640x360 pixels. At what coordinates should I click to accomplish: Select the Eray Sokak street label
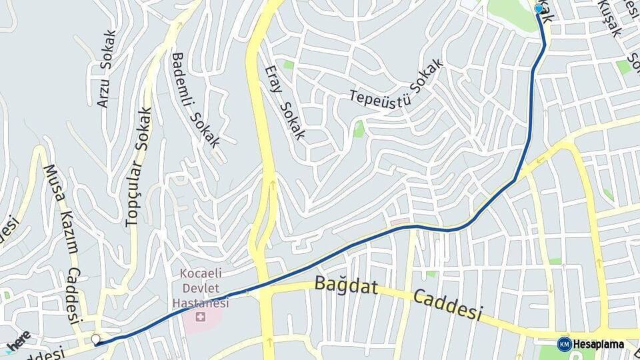pyautogui.click(x=285, y=102)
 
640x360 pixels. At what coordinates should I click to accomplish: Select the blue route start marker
pyautogui.click(x=539, y=9)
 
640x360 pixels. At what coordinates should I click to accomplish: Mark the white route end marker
pyautogui.click(x=97, y=340)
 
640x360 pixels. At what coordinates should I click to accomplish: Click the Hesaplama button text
pyautogui.click(x=598, y=344)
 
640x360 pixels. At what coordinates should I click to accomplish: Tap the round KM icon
pyautogui.click(x=564, y=344)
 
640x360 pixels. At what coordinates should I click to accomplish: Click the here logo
pyautogui.click(x=17, y=340)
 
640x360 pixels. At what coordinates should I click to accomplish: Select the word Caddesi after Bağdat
pyautogui.click(x=447, y=305)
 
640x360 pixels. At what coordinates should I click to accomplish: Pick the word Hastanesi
pyautogui.click(x=201, y=303)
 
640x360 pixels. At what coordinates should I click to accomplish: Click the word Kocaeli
pyautogui.click(x=201, y=275)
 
